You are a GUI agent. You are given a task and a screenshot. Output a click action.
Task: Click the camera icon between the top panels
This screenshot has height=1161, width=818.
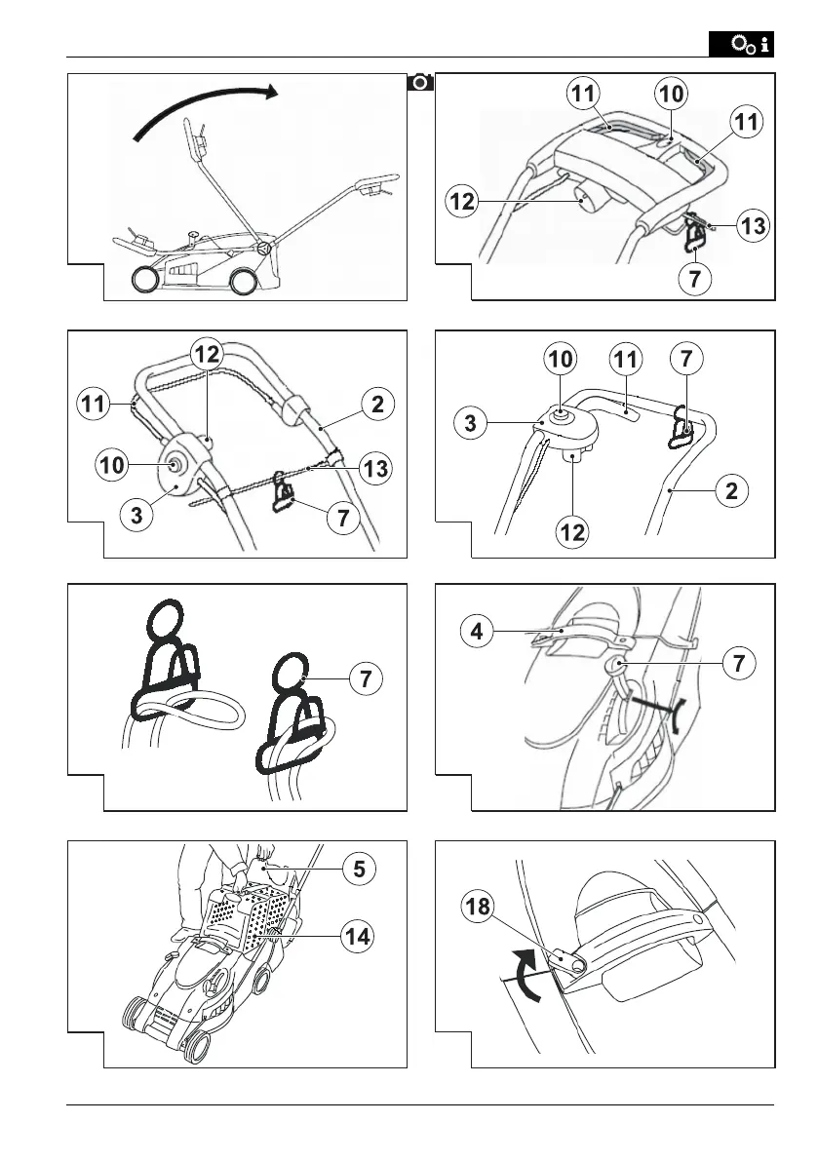pyautogui.click(x=421, y=82)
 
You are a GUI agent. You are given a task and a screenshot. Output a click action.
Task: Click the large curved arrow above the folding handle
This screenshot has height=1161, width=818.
pyautogui.click(x=205, y=109)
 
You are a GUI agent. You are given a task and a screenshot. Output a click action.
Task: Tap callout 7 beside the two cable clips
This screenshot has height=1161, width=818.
pyautogui.click(x=365, y=678)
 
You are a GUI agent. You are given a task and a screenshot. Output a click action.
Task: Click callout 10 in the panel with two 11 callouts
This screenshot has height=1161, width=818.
pyautogui.click(x=672, y=94)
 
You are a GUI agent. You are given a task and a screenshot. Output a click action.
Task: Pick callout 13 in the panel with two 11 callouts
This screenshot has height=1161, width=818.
pyautogui.click(x=752, y=227)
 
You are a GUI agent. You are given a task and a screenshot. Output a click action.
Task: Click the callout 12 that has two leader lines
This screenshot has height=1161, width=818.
pyautogui.click(x=207, y=354)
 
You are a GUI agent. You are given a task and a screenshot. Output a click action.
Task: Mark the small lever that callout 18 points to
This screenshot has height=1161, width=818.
pyautogui.click(x=570, y=959)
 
